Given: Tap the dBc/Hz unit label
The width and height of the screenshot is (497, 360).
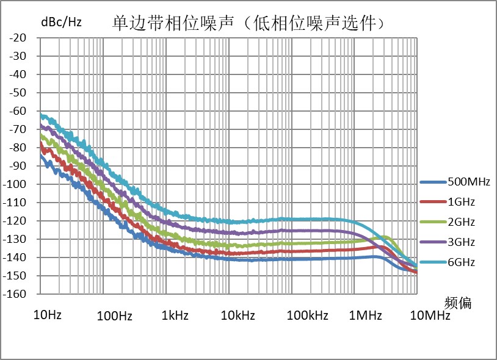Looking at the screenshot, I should (61, 23).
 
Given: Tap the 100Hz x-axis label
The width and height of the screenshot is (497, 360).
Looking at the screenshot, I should (115, 315).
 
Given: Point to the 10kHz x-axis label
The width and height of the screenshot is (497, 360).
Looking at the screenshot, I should (237, 315).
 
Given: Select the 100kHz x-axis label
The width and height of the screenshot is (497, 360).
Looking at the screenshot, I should (307, 315).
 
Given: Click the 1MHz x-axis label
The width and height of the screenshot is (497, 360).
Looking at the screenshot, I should (365, 315).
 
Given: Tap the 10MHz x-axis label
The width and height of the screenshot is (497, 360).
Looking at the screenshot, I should (429, 315).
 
